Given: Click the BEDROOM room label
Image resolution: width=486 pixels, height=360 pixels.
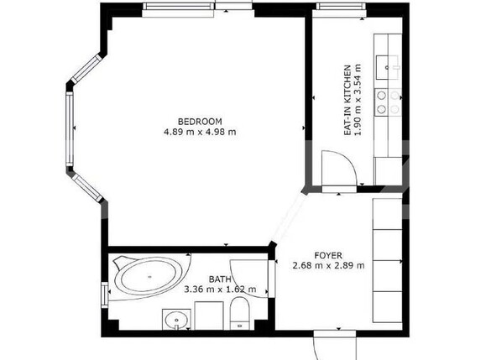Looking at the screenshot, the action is [x=200, y=121].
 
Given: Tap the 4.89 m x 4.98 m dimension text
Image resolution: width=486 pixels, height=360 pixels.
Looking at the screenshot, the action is [x=200, y=132].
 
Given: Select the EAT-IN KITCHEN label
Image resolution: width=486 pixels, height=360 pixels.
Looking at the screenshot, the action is [x=348, y=100].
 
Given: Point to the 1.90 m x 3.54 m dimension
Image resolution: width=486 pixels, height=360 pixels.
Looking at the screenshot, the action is [x=358, y=100].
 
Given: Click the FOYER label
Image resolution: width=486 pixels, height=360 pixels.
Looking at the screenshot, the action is [x=328, y=256].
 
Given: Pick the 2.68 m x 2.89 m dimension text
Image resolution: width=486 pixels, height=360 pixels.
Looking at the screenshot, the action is [x=328, y=265].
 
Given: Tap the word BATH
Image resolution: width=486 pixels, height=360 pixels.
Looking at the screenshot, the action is [x=220, y=279].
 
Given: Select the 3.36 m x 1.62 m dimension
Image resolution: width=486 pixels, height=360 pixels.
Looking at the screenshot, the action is [x=221, y=290].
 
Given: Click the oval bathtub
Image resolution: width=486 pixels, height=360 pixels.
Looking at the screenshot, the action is [x=149, y=277].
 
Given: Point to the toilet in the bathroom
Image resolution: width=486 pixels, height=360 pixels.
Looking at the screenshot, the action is [x=240, y=313].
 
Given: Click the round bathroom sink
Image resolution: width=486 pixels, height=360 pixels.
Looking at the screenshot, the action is [x=176, y=320].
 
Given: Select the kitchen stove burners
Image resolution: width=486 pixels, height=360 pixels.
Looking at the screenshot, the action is [x=388, y=102].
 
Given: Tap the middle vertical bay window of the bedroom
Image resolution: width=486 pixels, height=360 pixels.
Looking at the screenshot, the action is [x=70, y=128].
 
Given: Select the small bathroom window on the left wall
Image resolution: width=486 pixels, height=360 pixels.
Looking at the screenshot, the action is [x=105, y=295].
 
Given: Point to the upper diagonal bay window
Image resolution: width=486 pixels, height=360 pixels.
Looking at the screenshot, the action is [x=86, y=69].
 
